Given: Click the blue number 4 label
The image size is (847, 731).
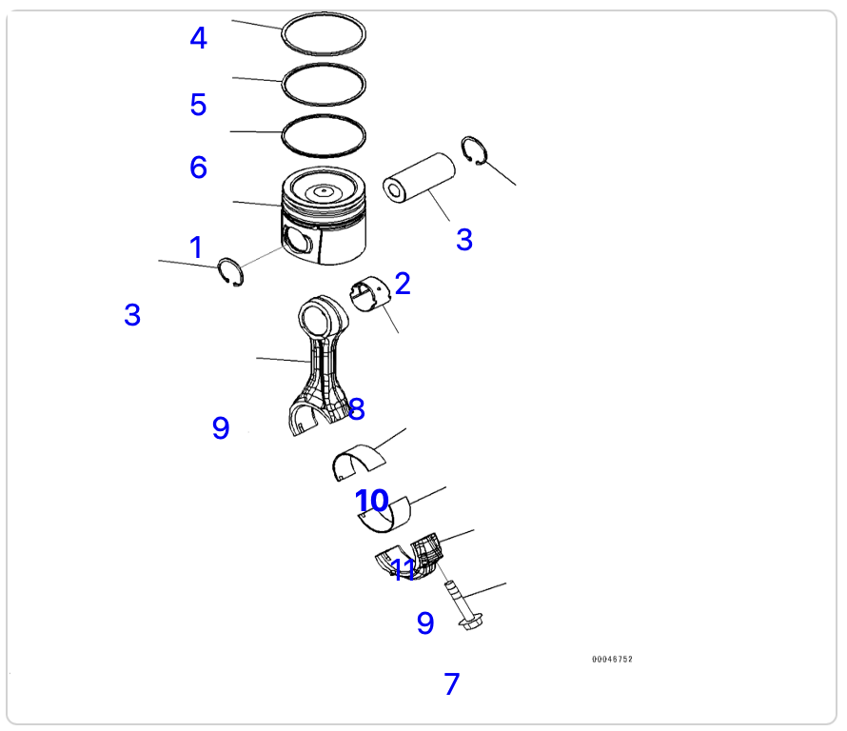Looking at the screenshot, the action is pyautogui.click(x=199, y=38).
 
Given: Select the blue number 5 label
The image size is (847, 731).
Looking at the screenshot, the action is pyautogui.click(x=198, y=105).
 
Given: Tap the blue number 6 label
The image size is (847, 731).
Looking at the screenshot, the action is pyautogui.click(x=198, y=167).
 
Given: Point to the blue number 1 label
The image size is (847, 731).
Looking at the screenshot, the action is pyautogui.click(x=196, y=247).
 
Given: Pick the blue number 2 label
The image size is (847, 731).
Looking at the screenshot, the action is pyautogui.click(x=403, y=284).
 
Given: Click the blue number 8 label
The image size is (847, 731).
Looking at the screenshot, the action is pyautogui.click(x=357, y=409).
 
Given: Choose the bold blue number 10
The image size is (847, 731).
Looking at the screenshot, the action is pyautogui.click(x=372, y=501).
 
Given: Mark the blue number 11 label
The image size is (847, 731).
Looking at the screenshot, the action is pyautogui.click(x=403, y=569).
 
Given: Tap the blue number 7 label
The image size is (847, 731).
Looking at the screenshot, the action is pyautogui.click(x=452, y=683).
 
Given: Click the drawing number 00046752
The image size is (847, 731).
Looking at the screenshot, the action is pyautogui.click(x=612, y=660).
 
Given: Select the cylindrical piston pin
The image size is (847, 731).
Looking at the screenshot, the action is pyautogui.click(x=419, y=178).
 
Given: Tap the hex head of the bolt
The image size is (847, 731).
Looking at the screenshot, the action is pyautogui.click(x=470, y=622).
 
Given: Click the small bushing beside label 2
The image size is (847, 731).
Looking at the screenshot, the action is pyautogui.click(x=369, y=294).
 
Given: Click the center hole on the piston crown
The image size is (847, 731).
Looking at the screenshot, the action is pyautogui.click(x=323, y=190).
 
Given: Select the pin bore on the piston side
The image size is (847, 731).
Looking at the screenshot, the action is pyautogui.click(x=297, y=239).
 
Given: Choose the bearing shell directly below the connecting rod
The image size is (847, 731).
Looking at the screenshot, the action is pyautogui.click(x=359, y=462).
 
